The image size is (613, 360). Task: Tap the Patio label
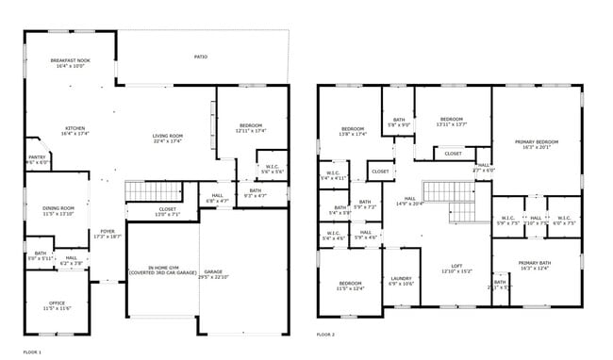(201, 57)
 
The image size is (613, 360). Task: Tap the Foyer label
(108, 233)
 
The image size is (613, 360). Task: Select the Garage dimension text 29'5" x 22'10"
(213, 277)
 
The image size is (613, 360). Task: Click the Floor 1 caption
(32, 352)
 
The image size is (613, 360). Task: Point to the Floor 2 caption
(325, 334)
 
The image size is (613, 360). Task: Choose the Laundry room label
(402, 280)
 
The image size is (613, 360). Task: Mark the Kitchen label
(75, 131)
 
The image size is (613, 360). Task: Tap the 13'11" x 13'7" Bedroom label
(452, 122)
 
